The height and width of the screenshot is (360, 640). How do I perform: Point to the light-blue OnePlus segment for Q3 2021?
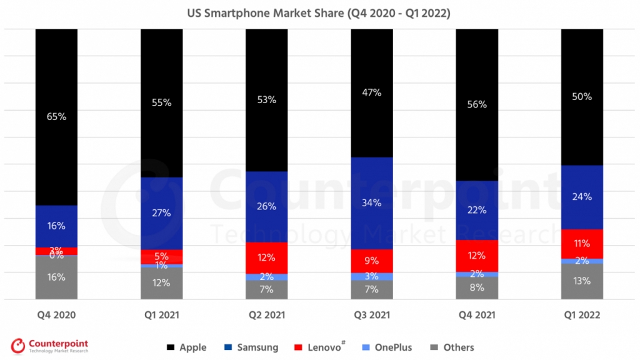(x=371, y=276)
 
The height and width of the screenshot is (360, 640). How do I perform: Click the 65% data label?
(x=56, y=116)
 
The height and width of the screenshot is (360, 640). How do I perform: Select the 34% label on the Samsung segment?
(x=371, y=202)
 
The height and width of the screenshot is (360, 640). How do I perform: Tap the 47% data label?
(x=371, y=92)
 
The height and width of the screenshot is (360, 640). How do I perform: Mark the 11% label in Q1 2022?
(x=582, y=244)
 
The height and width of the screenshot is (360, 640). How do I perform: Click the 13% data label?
(x=582, y=281)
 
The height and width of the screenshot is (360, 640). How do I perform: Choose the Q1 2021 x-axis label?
(x=161, y=315)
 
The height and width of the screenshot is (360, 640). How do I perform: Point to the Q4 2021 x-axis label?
(x=476, y=315)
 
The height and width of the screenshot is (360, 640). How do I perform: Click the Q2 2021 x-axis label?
(x=266, y=315)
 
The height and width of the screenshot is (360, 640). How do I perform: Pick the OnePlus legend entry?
(x=391, y=347)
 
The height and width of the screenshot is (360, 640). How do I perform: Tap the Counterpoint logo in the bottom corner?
(x=50, y=346)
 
